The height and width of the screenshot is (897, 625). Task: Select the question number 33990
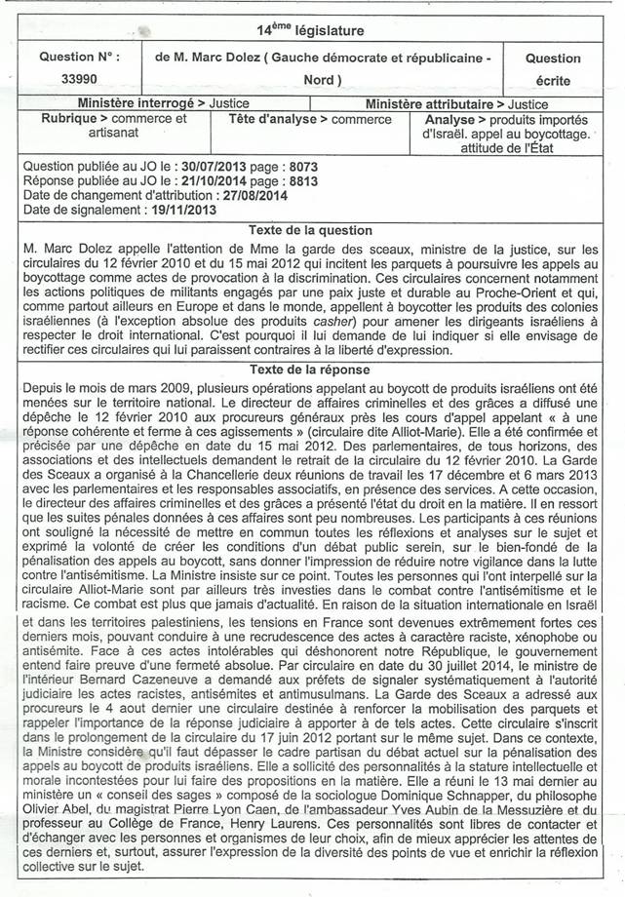pos(79,80)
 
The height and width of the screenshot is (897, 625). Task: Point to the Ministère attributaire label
pos(424,104)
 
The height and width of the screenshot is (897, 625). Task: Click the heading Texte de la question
pos(310,230)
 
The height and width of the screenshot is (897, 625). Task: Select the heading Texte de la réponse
pos(310,370)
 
